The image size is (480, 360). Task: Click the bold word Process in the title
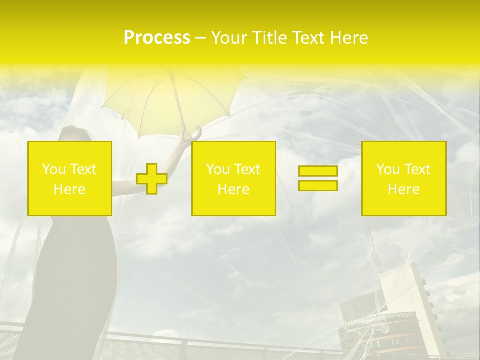157,38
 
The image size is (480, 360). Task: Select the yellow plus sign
152,179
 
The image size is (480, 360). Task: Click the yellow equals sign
318,178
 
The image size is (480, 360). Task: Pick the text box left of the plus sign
70,178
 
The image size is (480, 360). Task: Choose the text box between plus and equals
233,178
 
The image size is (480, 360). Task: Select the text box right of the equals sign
404,178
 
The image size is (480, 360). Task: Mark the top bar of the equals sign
318,171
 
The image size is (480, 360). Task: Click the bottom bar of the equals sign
318,185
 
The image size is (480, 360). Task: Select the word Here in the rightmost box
404,189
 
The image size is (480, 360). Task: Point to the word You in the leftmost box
53,169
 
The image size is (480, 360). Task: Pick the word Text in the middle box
247,169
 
